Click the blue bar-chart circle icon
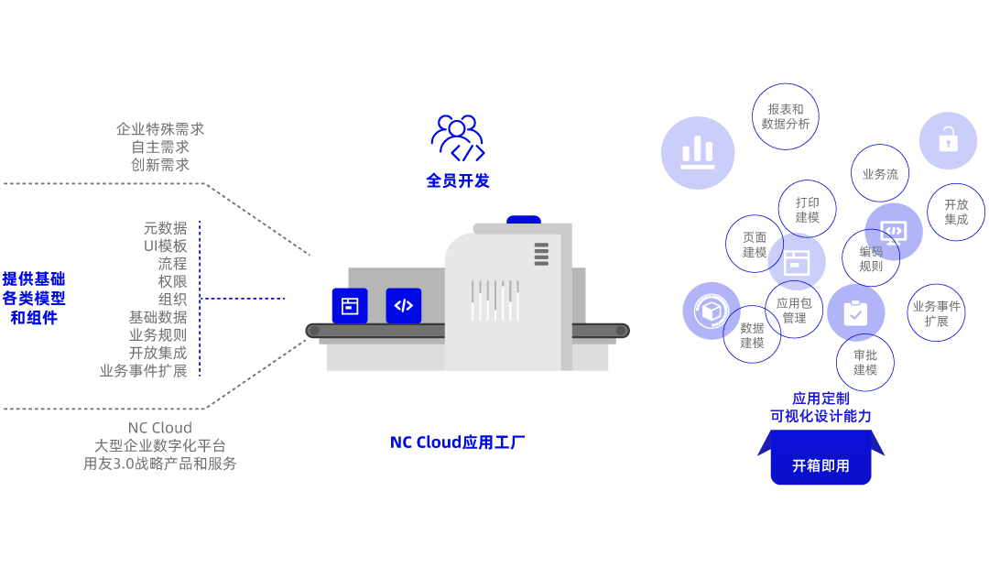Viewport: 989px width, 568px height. pyautogui.click(x=698, y=153)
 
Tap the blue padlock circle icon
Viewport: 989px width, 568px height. pyautogui.click(x=948, y=140)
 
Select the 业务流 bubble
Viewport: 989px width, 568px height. pyautogui.click(x=880, y=173)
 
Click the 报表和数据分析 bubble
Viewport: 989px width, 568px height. pyautogui.click(x=785, y=116)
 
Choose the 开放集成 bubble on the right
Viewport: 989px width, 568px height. pyautogui.click(x=956, y=213)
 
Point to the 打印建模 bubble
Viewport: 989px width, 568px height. pyautogui.click(x=807, y=210)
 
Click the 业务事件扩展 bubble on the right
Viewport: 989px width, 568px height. pyautogui.click(x=936, y=313)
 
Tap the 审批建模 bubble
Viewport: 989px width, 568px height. pyautogui.click(x=865, y=362)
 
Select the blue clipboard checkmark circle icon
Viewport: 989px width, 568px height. pyautogui.click(x=855, y=313)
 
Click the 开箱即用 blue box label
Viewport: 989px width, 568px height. pyautogui.click(x=821, y=465)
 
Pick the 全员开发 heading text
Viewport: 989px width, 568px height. pyautogui.click(x=457, y=180)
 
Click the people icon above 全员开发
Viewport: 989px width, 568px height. pyautogui.click(x=457, y=137)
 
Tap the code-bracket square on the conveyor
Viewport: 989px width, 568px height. pyautogui.click(x=404, y=306)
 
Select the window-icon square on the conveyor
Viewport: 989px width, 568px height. pyautogui.click(x=349, y=306)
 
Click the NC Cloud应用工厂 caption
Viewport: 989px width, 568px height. pyautogui.click(x=457, y=442)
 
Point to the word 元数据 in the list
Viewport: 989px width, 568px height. pyautogui.click(x=165, y=228)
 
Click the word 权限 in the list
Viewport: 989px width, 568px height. pyautogui.click(x=172, y=281)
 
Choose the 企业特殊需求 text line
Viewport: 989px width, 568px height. pyautogui.click(x=160, y=129)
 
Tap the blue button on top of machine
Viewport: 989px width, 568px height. pyautogui.click(x=524, y=220)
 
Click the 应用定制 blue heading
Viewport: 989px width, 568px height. pyautogui.click(x=821, y=399)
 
